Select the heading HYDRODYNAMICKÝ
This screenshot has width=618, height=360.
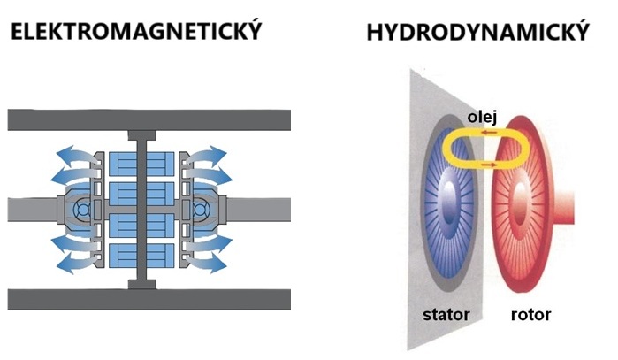(477, 33)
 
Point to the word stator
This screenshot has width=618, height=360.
(447, 314)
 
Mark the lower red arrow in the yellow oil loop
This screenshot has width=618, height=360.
(486, 165)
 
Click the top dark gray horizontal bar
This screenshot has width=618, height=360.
(149, 119)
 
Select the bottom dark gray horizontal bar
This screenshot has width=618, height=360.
(149, 299)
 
